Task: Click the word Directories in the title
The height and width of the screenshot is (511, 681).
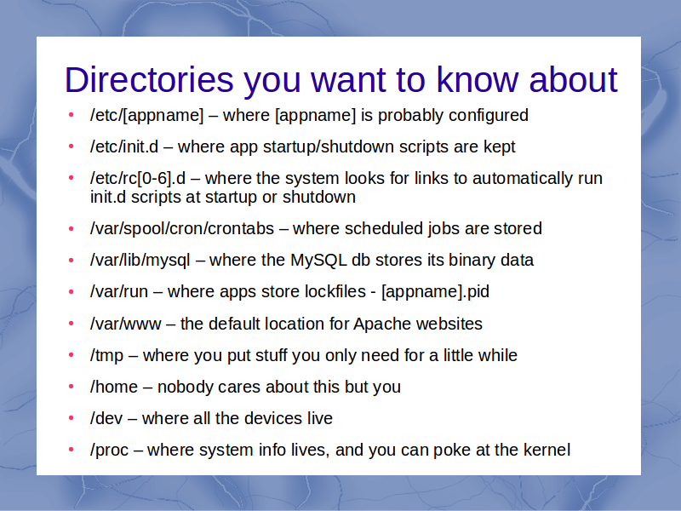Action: (x=150, y=80)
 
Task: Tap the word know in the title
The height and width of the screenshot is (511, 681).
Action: (x=478, y=80)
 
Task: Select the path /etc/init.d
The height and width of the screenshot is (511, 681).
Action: (x=124, y=146)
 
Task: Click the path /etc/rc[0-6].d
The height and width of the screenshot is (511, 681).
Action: (x=138, y=179)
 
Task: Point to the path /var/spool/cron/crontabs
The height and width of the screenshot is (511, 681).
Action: (x=182, y=229)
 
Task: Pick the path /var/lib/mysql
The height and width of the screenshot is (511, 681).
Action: (x=140, y=261)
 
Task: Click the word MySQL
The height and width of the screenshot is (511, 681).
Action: (x=318, y=261)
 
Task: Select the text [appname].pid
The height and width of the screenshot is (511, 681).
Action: (x=435, y=291)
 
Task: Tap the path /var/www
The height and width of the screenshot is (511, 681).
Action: (x=125, y=324)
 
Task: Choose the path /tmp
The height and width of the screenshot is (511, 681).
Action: (x=107, y=355)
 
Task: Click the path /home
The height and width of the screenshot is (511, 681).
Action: (x=114, y=387)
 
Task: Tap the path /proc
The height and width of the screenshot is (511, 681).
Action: (x=109, y=451)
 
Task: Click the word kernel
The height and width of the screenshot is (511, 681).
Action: (x=547, y=450)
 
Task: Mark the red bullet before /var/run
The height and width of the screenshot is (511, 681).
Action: (x=72, y=292)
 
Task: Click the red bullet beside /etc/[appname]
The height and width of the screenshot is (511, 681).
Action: (x=72, y=115)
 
